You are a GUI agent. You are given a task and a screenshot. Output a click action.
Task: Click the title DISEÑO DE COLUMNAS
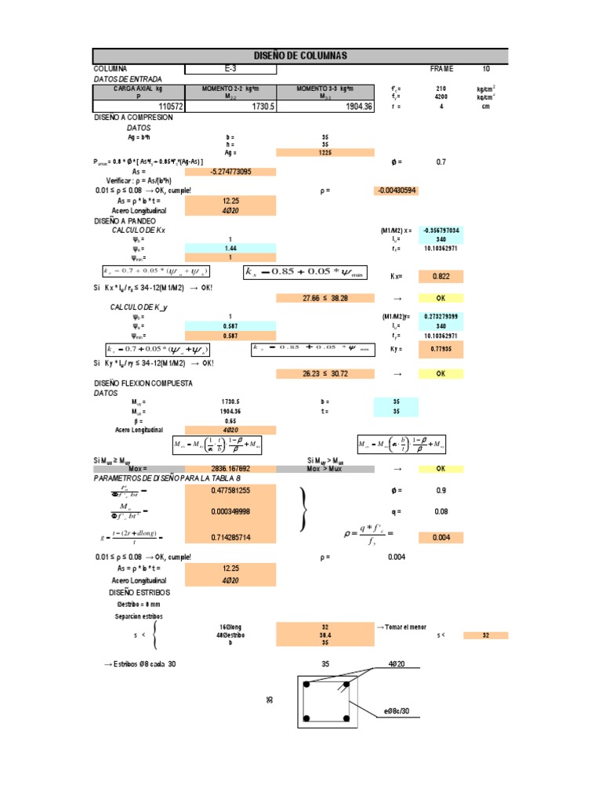(x=301, y=56)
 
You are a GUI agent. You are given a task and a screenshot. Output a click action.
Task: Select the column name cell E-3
(x=230, y=69)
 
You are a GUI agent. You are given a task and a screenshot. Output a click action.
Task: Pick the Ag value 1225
(x=325, y=153)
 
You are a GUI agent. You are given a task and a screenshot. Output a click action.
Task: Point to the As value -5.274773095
(x=230, y=172)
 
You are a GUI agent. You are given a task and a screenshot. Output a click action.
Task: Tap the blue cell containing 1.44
(x=230, y=248)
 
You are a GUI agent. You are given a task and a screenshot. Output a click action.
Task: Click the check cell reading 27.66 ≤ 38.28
(x=325, y=299)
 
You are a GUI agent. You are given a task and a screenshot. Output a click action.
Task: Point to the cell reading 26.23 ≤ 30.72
(x=325, y=374)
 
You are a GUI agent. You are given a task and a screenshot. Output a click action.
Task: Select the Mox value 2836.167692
(x=230, y=468)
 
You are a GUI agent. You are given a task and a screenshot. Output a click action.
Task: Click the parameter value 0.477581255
(x=230, y=490)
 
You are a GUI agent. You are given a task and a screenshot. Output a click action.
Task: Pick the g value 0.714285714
(x=230, y=538)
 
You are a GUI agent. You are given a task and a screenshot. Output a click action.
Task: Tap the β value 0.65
(x=230, y=421)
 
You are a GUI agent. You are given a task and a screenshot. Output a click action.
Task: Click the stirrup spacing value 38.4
(x=325, y=634)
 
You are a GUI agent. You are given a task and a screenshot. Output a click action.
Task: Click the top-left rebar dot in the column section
(x=308, y=685)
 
